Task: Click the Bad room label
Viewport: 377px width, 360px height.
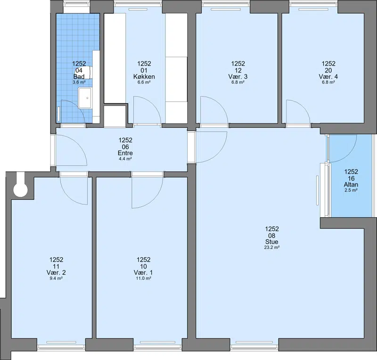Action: click(79, 77)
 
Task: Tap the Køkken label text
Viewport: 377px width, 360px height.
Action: click(144, 77)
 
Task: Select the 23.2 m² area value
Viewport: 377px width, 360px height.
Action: click(272, 247)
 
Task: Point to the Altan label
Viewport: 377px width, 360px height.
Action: click(351, 185)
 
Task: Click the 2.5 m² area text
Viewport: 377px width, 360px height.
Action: click(351, 190)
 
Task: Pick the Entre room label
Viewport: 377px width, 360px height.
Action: click(125, 153)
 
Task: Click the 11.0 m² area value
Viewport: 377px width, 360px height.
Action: click(144, 278)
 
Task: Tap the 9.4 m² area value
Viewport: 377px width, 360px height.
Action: click(56, 278)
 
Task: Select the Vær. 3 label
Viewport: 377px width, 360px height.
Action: click(238, 77)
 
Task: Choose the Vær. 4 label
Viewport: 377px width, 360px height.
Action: click(328, 77)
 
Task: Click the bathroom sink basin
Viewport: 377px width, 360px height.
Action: click(85, 98)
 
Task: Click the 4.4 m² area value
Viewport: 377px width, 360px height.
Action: click(125, 159)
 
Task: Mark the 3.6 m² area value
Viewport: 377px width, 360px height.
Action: click(79, 82)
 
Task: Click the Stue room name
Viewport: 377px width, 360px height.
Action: click(272, 242)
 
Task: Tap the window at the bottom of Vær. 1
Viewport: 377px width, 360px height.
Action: click(158, 346)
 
